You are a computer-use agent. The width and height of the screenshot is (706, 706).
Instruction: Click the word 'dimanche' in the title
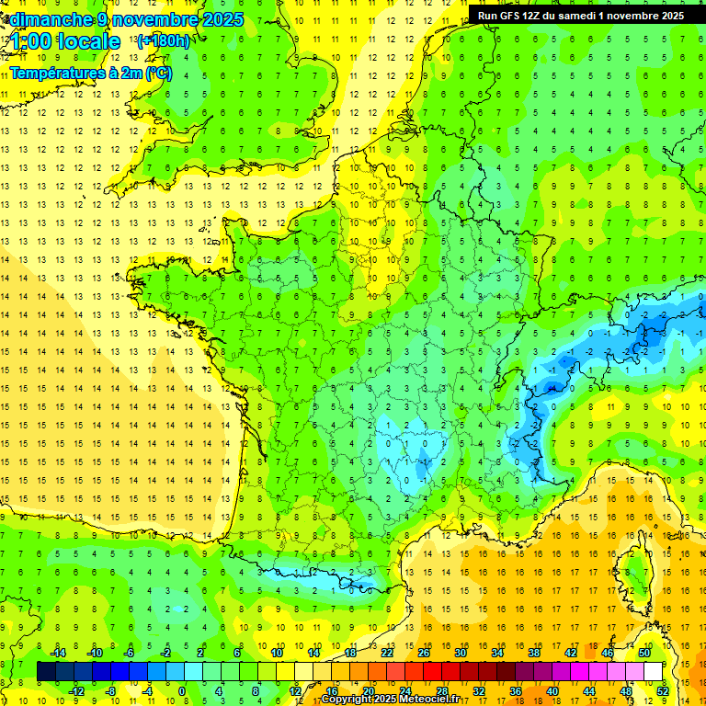click(47, 18)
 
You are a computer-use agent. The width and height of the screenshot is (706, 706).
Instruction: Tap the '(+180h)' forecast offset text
click(163, 40)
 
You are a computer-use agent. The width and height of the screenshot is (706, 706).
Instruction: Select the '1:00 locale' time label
click(65, 41)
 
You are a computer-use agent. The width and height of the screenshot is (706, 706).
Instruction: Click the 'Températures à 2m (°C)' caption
click(90, 73)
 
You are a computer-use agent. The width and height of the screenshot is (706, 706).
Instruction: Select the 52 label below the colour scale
click(663, 690)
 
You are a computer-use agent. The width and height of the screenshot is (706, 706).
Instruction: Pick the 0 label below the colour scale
click(182, 690)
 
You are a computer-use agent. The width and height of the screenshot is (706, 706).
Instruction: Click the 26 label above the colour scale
click(424, 653)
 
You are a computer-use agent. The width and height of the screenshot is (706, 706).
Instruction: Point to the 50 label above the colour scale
click(644, 653)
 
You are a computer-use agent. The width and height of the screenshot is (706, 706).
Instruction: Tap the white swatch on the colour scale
click(653, 671)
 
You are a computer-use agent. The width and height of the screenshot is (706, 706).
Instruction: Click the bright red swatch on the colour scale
click(432, 671)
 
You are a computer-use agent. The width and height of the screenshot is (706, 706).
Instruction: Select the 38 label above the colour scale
click(534, 653)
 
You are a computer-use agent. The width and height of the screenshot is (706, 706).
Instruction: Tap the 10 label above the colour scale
click(277, 653)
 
